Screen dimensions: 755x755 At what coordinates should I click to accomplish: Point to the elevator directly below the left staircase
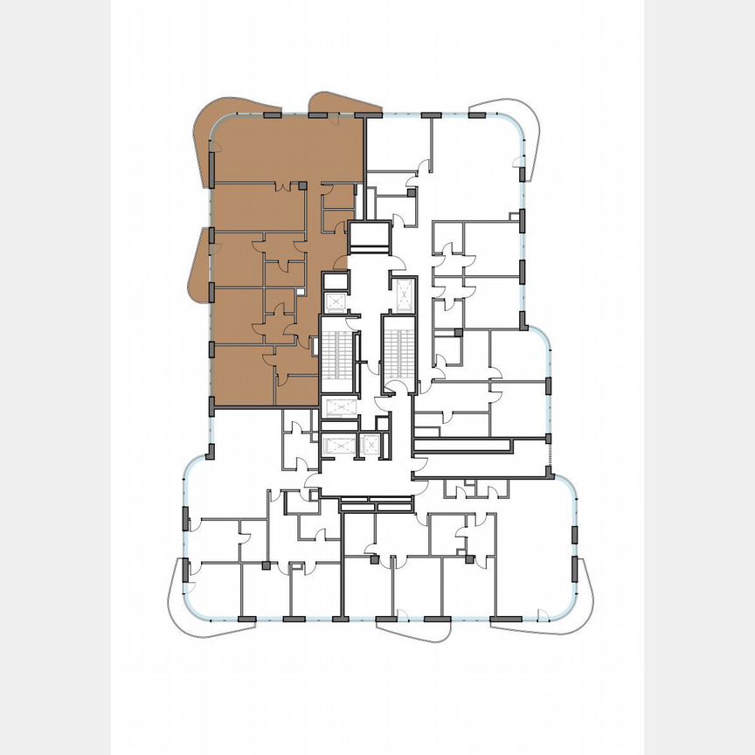click(x=337, y=407)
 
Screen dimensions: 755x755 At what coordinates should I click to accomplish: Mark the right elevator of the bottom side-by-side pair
click(x=371, y=445)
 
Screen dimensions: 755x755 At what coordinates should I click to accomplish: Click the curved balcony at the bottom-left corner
click(x=179, y=603)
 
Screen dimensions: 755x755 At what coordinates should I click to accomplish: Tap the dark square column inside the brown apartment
click(x=302, y=186)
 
